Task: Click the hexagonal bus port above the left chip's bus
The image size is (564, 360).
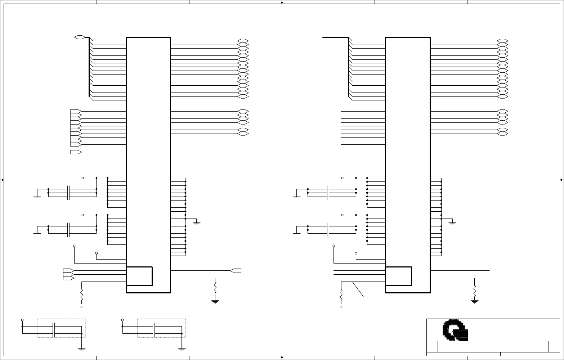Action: click(x=79, y=37)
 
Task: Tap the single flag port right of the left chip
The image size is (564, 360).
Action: click(x=236, y=271)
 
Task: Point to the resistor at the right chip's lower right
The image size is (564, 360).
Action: click(x=475, y=290)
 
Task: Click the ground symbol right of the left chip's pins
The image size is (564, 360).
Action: click(x=197, y=224)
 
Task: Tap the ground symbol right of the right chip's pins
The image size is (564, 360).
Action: click(x=453, y=224)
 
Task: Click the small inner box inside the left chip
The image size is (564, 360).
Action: click(x=139, y=276)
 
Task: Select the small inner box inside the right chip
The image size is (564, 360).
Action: click(x=399, y=276)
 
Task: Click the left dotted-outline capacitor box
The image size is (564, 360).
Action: click(x=61, y=328)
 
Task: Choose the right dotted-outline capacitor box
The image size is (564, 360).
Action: click(x=161, y=328)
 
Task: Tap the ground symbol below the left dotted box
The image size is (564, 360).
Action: click(x=82, y=349)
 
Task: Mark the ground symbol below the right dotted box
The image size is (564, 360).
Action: click(x=182, y=349)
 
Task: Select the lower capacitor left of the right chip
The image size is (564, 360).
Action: click(x=328, y=230)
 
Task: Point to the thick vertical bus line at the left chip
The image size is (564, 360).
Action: click(x=89, y=68)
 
